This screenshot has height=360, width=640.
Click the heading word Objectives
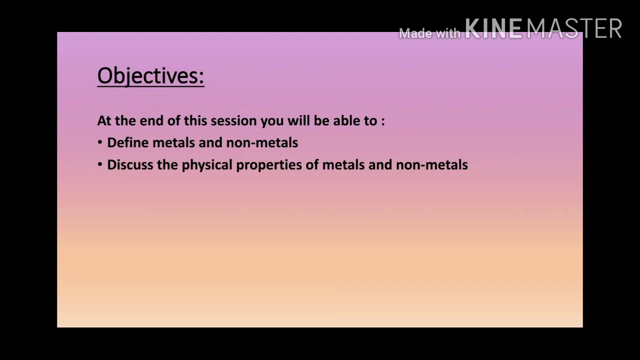coord(150,76)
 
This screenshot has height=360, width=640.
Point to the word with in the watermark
coord(447,33)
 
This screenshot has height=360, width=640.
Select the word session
coord(231,121)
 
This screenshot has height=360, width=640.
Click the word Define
coord(128,143)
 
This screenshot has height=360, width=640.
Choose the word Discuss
coord(130,165)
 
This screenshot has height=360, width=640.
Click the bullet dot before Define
coord(100,143)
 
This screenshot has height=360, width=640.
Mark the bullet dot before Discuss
coord(100,165)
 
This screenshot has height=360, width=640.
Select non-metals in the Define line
coord(262,143)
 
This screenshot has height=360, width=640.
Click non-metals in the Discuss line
coord(432,165)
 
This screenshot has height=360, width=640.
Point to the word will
coord(298,121)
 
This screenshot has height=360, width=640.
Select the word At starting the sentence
coord(103,121)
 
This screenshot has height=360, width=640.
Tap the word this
coord(195,121)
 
